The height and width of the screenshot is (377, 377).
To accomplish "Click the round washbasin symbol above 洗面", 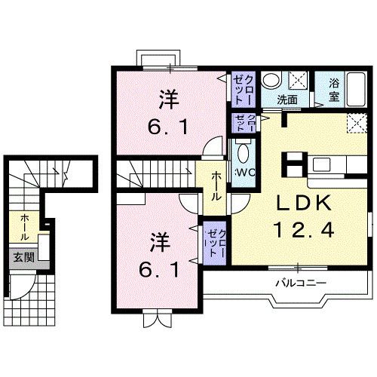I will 274,80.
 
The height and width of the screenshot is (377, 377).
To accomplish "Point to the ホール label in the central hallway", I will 216,185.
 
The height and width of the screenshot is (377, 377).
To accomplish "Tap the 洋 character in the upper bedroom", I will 168,98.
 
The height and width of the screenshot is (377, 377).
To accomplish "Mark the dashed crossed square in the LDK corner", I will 354,124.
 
